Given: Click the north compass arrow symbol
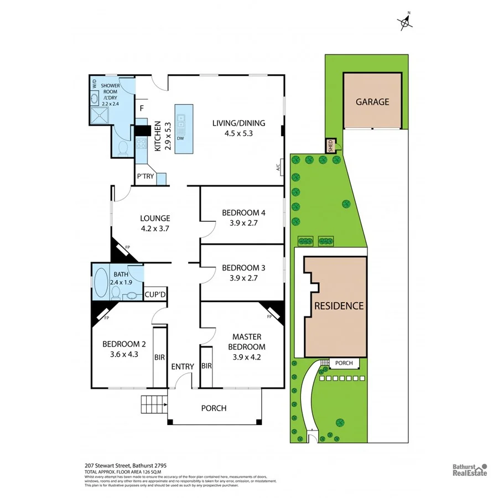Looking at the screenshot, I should point(406,22).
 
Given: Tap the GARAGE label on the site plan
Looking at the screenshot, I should point(372,102).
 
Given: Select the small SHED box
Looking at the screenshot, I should point(331,146).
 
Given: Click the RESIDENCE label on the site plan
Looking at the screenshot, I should point(339,305).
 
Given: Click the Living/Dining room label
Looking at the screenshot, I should point(238,123).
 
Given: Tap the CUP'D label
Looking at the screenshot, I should point(155,294).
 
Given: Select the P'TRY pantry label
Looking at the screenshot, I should point(146,177).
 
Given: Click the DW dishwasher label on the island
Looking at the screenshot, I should point(180,138).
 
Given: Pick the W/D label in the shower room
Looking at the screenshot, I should point(95,84).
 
